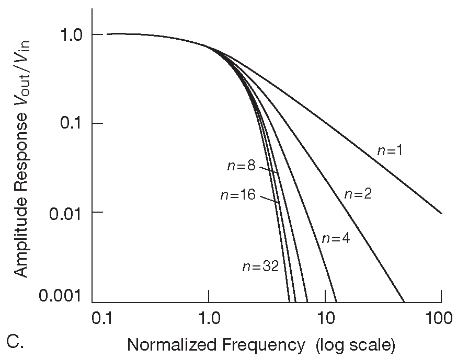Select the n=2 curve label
pyautogui.click(x=358, y=194)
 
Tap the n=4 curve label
pyautogui.click(x=335, y=238)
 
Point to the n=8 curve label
pyautogui.click(x=241, y=166)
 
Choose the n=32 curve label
pyautogui.click(x=260, y=266)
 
